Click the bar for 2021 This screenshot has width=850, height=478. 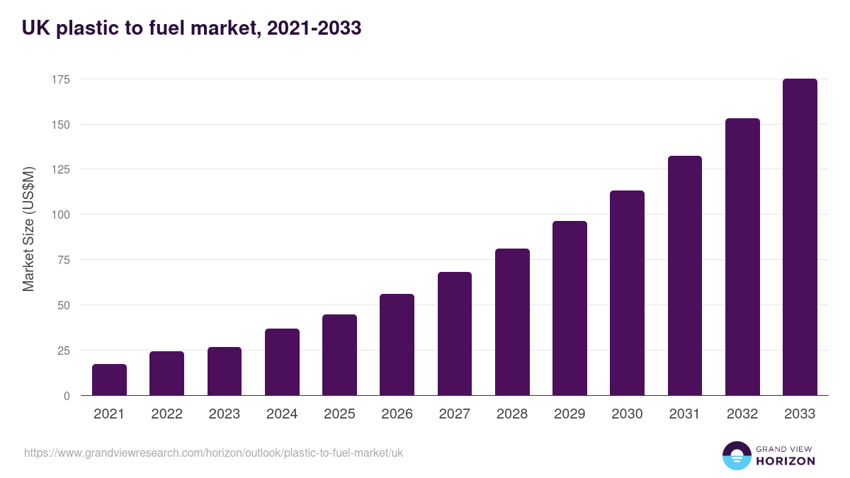[109, 380]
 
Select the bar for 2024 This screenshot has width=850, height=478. [282, 362]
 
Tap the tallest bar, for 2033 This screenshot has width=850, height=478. [800, 237]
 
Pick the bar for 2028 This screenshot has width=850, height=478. [512, 322]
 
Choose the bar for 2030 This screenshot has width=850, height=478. [627, 293]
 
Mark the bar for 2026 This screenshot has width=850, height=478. [397, 345]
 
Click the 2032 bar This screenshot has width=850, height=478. [742, 257]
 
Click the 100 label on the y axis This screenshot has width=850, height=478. [60, 215]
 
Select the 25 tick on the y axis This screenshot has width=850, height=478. [63, 351]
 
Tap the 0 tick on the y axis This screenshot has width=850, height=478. [67, 396]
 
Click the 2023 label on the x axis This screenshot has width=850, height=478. [225, 414]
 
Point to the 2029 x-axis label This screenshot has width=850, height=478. [569, 414]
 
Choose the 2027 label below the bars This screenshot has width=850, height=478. [454, 414]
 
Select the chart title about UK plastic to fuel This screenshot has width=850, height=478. [191, 28]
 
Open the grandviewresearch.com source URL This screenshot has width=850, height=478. [213, 453]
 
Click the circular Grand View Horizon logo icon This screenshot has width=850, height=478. [737, 455]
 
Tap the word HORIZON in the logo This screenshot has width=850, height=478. [786, 461]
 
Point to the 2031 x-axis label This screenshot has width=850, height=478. [684, 414]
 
